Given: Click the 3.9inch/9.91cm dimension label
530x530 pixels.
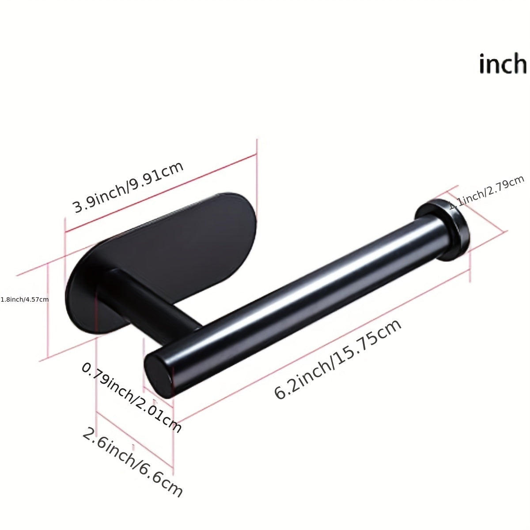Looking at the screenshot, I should (128, 187).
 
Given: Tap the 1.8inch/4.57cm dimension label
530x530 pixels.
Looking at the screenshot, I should (25, 299).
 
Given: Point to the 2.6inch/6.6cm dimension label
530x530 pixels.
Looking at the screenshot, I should (132, 462).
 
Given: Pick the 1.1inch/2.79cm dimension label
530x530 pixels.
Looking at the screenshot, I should (486, 193).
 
